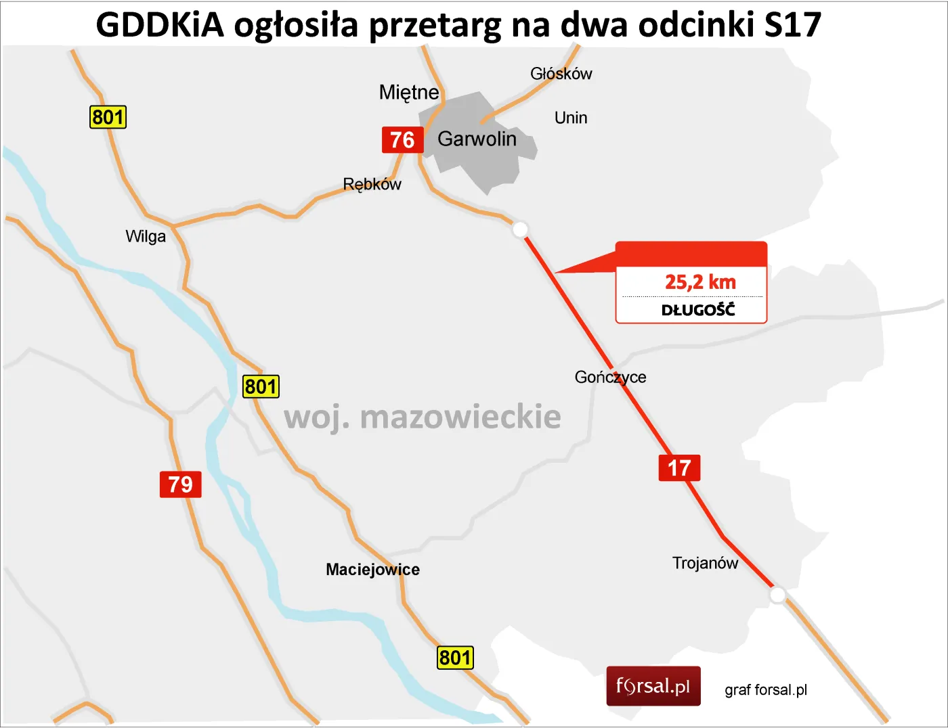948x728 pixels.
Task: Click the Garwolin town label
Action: [477, 139]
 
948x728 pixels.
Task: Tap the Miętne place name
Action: [409, 92]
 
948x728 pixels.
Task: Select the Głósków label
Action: [561, 74]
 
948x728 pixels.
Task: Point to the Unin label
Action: [571, 118]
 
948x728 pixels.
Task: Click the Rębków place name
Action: [372, 184]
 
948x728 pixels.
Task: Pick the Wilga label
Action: [146, 236]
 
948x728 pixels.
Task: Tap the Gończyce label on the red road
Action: [610, 377]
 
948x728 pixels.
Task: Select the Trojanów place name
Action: [705, 563]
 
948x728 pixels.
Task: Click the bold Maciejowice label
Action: [372, 570]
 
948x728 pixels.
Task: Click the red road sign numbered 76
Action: [402, 140]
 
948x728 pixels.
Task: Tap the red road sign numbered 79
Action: [181, 484]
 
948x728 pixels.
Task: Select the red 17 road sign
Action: [679, 468]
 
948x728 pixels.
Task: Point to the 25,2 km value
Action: [700, 282]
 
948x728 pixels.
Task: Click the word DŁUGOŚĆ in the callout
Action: [698, 310]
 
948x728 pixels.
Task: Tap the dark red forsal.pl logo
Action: [653, 686]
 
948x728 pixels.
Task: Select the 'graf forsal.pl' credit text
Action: [766, 690]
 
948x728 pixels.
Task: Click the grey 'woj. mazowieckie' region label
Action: [423, 417]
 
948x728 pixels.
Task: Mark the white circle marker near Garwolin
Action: [520, 229]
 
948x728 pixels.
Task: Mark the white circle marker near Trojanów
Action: [778, 595]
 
